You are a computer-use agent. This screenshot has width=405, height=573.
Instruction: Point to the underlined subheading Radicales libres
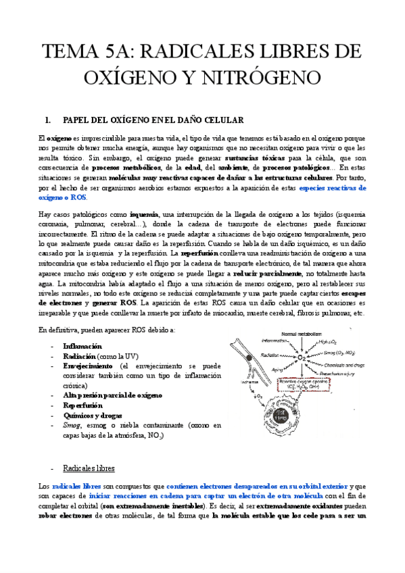tap(88, 468)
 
